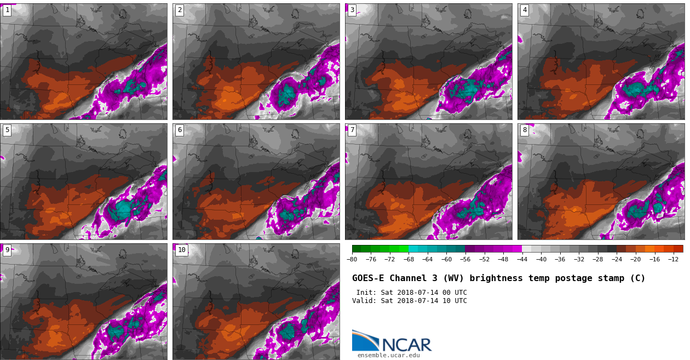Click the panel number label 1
7,10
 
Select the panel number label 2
180,10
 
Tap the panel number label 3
352,10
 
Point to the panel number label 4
525,10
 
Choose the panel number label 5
7,130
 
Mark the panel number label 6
180,130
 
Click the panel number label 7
352,130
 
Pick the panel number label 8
525,130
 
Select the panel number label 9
7,250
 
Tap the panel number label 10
181,250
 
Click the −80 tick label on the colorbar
352,260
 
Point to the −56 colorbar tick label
465,260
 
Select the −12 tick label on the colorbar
673,260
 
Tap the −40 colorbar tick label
541,260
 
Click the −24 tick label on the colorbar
617,260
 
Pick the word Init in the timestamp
365,293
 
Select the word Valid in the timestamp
363,301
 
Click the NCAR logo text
406,345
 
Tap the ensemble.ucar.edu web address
388,356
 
